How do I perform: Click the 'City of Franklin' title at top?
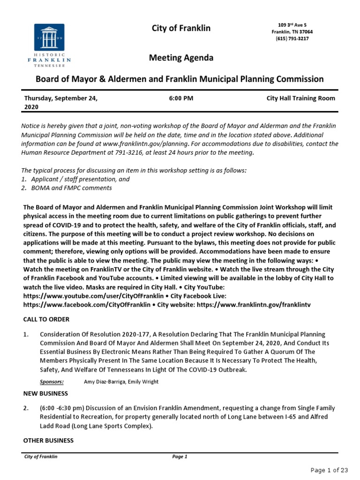[x=181, y=28]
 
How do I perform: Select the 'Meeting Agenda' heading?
[x=181, y=58]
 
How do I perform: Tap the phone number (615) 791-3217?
[x=292, y=39]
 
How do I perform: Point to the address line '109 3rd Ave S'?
[x=292, y=24]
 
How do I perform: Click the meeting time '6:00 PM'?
[x=180, y=98]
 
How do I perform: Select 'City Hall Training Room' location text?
[x=300, y=98]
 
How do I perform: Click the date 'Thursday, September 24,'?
[x=61, y=98]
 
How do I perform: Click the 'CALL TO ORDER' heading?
[x=46, y=319]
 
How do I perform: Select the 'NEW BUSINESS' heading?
[x=45, y=393]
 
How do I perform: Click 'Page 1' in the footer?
[x=180, y=457]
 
